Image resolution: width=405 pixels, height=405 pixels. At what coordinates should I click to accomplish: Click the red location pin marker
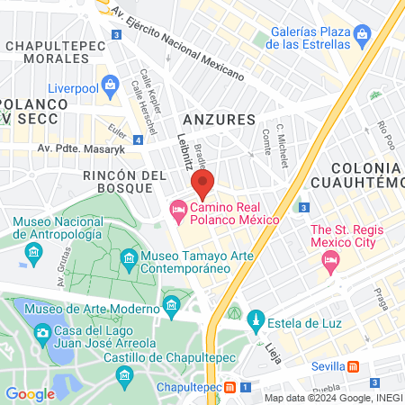coord(202,186)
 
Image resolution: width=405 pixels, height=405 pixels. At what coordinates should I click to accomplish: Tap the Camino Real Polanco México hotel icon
coord(179,211)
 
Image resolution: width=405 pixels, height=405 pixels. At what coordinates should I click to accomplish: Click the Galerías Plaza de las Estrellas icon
coord(363,38)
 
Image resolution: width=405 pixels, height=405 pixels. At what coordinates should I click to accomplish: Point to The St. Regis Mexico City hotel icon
coord(329,261)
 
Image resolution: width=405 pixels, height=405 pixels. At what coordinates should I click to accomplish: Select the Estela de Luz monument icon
coord(256,319)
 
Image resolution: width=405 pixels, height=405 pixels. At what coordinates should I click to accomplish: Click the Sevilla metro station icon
coord(355,366)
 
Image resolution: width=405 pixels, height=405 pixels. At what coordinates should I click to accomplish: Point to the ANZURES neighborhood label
coord(219,119)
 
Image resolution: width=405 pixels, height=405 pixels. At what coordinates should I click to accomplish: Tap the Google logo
coord(30,393)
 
